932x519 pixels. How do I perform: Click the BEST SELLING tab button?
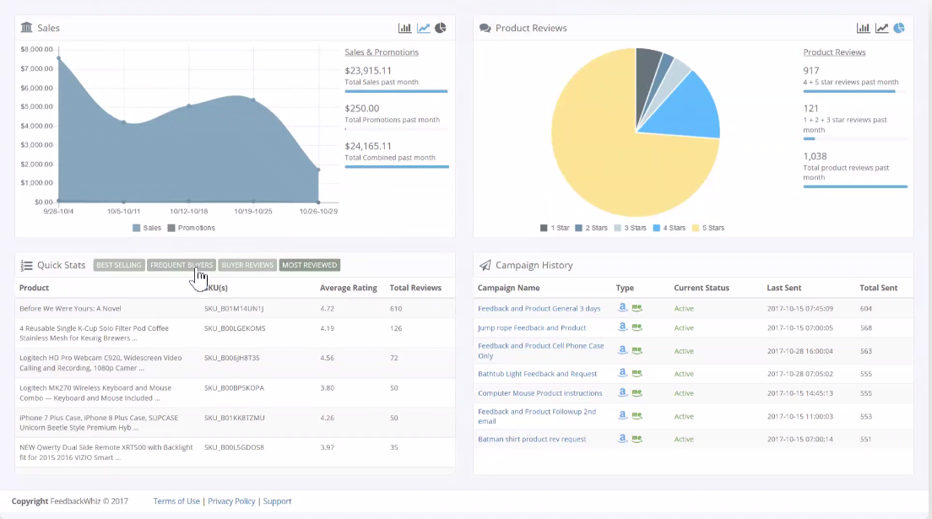tap(119, 265)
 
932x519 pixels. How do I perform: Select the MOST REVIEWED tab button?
tap(309, 265)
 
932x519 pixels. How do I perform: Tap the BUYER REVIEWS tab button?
tap(247, 265)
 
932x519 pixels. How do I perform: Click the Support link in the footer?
tap(277, 501)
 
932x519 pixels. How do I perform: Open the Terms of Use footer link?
tap(176, 501)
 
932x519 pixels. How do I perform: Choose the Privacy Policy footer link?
tap(231, 501)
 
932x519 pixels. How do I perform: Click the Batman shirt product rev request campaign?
tap(532, 440)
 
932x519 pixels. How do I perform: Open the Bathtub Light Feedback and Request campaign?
tap(537, 374)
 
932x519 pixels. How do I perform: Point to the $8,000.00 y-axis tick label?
tap(37, 49)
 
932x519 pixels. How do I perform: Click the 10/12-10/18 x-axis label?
tap(188, 211)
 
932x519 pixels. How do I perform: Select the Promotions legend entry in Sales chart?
tap(192, 228)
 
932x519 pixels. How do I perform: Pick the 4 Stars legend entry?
tap(669, 228)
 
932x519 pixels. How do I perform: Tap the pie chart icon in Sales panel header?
tap(441, 28)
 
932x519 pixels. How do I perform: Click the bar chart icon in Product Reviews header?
tap(863, 28)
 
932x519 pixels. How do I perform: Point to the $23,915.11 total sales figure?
tap(368, 71)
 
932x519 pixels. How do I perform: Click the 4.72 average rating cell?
tap(327, 309)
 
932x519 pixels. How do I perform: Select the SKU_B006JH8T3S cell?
tap(232, 358)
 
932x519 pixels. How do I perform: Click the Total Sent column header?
tap(879, 288)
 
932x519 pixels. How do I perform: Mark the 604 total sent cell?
tap(866, 309)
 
